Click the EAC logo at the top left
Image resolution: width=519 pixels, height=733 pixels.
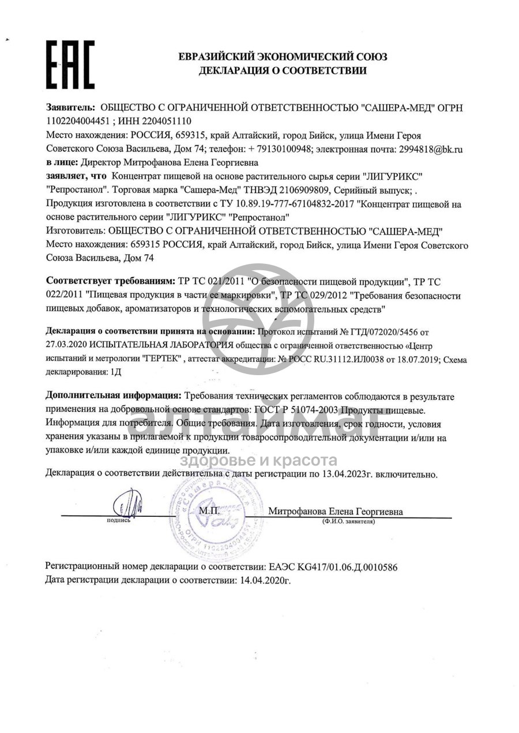click(70, 65)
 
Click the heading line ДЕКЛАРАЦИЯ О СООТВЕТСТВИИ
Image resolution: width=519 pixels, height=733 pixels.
click(283, 71)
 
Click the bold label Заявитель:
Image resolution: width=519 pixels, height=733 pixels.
click(70, 108)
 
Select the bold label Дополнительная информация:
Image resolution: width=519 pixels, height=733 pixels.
click(112, 397)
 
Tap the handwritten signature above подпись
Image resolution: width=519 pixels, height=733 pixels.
click(126, 505)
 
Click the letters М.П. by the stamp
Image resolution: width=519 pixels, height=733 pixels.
click(207, 511)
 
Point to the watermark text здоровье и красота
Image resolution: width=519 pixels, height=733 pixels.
click(259, 460)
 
